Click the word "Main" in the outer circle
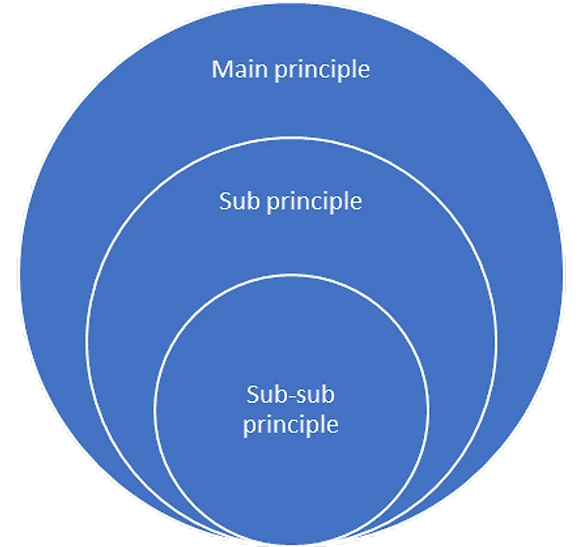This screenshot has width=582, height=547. click(x=240, y=69)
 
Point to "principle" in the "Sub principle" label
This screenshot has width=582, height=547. click(x=313, y=202)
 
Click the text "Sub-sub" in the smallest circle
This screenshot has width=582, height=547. click(x=290, y=394)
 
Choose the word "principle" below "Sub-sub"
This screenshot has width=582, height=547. click(x=290, y=425)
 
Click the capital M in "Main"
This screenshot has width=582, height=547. click(x=221, y=69)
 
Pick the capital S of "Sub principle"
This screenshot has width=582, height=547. click(x=226, y=201)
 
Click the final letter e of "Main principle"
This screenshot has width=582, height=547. click(x=364, y=71)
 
